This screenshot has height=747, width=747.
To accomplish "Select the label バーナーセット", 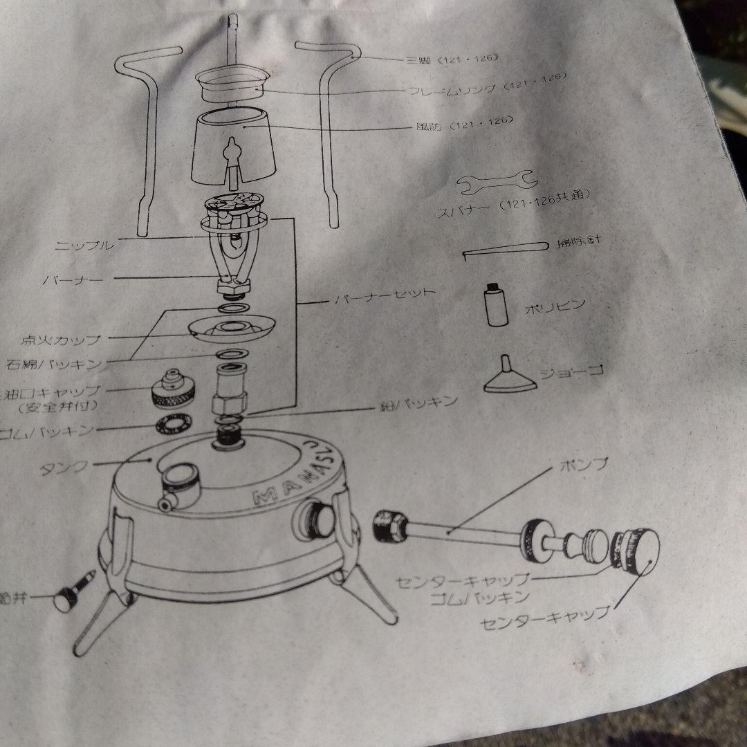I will tap(385, 296).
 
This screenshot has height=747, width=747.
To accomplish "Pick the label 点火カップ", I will tap(61, 340).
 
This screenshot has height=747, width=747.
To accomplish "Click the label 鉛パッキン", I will tap(415, 403).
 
